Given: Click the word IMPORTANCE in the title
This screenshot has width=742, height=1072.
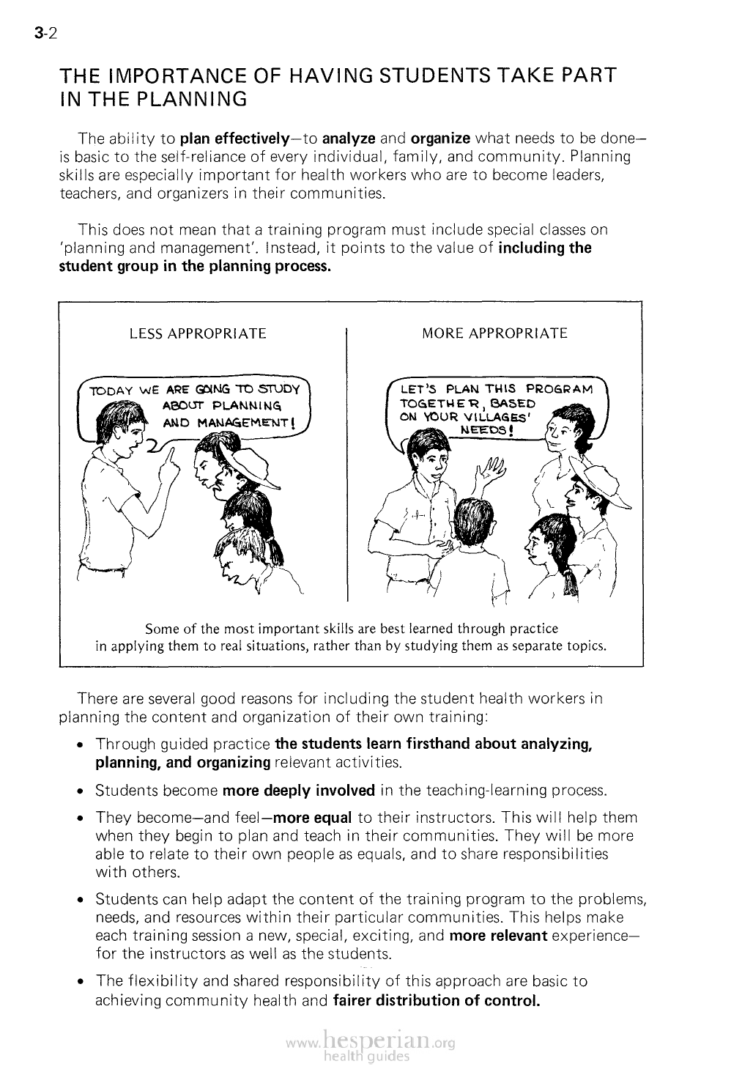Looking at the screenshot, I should click(167, 75).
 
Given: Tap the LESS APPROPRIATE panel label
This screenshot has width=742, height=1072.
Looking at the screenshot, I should click(197, 334).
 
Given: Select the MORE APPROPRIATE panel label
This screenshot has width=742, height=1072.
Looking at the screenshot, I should click(494, 333).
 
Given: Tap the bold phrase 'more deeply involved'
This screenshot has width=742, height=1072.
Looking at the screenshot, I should click(298, 791).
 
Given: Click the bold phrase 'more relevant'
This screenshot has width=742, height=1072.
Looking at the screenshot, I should click(498, 936).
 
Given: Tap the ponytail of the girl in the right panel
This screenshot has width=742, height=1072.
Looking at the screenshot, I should click(571, 583).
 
